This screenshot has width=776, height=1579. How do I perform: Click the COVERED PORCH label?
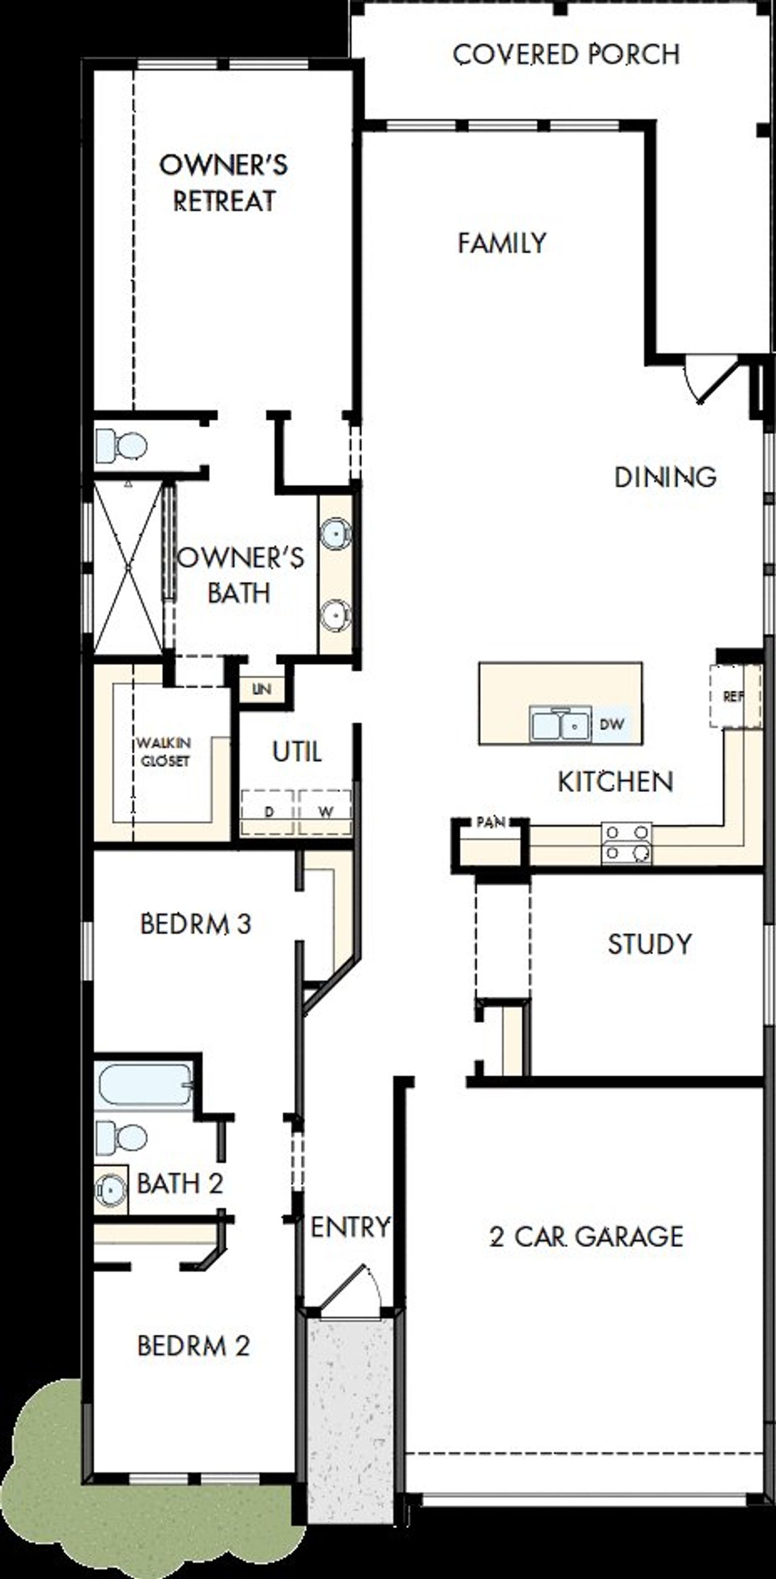[566, 55]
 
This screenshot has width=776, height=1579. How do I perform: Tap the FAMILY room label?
[501, 243]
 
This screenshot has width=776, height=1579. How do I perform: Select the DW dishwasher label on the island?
[611, 724]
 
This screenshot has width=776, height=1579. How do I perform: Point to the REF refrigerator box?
[734, 697]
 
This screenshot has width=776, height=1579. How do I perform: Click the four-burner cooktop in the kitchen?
[626, 843]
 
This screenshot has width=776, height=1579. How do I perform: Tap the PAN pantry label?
[490, 823]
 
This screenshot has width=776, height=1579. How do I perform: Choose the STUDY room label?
[649, 944]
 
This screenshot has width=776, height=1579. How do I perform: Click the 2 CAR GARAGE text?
[586, 1236]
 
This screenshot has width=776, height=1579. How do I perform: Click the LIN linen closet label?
[262, 689]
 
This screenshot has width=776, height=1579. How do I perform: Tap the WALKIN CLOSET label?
[163, 752]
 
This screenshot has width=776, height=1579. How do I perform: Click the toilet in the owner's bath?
[122, 446]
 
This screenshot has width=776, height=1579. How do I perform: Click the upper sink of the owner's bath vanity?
[336, 532]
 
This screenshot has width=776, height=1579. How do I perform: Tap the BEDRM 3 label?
[196, 924]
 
